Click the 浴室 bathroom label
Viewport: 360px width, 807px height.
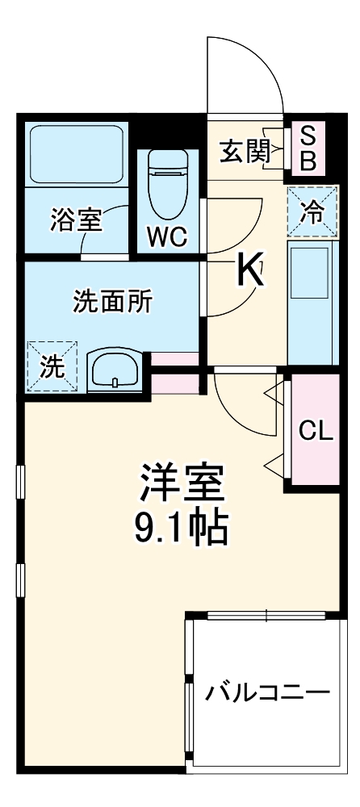tap(77, 221)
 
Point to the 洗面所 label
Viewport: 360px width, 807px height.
tap(111, 302)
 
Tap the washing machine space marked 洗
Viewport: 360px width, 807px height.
tap(52, 367)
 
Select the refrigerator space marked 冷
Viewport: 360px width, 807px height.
tap(310, 211)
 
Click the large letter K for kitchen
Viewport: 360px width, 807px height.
tap(249, 271)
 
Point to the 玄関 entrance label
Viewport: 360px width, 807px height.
tap(245, 151)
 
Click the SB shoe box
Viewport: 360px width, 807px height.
tap(308, 148)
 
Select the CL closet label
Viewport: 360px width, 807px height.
tap(316, 430)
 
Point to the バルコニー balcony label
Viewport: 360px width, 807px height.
tap(266, 693)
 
